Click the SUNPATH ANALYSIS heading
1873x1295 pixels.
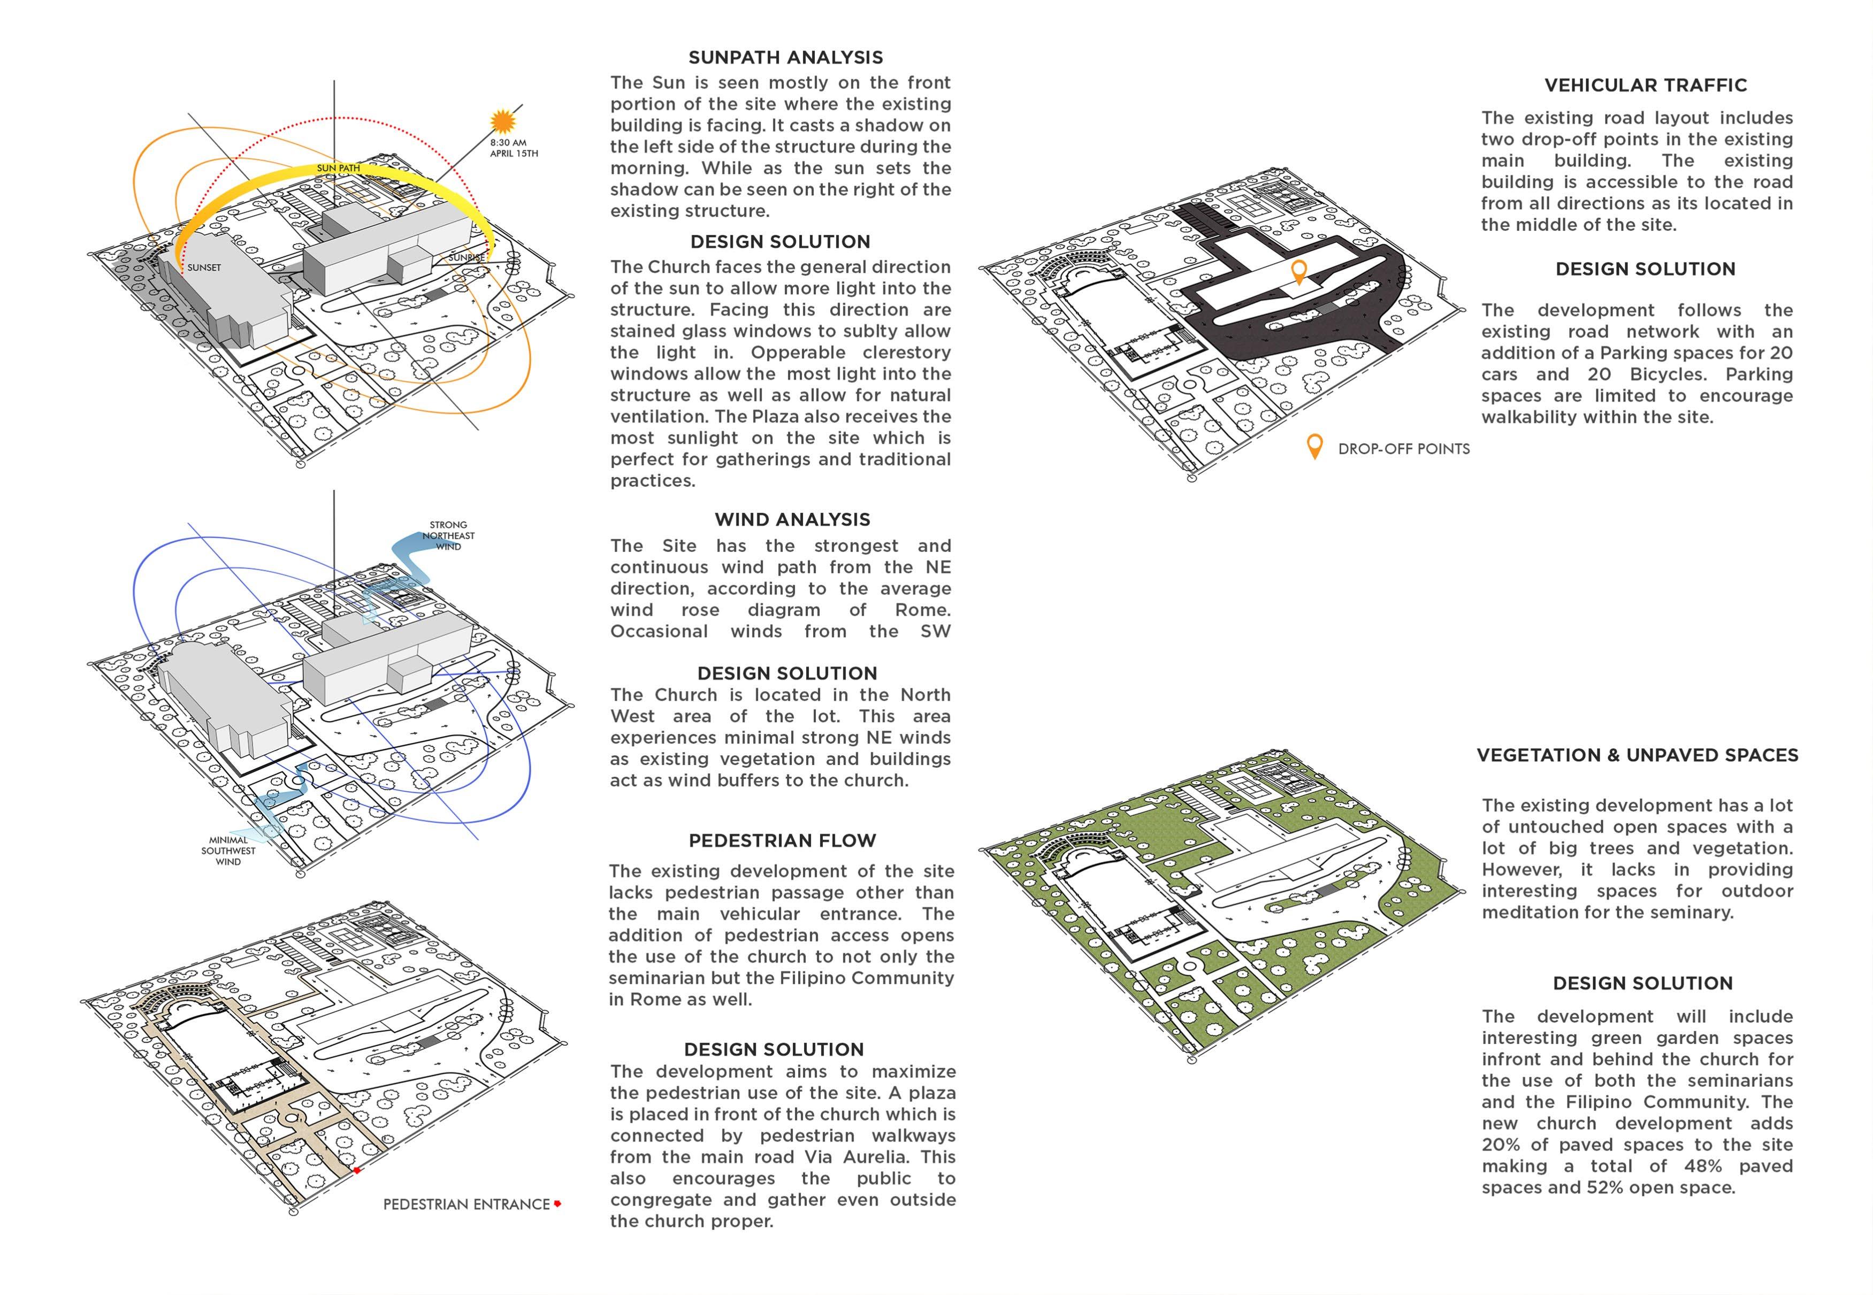pyautogui.click(x=785, y=58)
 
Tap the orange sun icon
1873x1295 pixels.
pyautogui.click(x=503, y=122)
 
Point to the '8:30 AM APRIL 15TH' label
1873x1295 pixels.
pyautogui.click(x=513, y=148)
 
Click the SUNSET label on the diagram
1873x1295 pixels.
pyautogui.click(x=204, y=268)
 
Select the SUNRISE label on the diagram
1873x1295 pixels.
pyautogui.click(x=467, y=258)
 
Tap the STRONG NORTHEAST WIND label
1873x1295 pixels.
pyautogui.click(x=448, y=535)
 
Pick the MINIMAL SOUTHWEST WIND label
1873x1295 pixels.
pyautogui.click(x=228, y=851)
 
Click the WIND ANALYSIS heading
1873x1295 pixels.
pyautogui.click(x=792, y=520)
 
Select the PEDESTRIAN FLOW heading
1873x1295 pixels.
pyautogui.click(x=782, y=841)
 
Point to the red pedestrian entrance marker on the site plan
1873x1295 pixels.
pyautogui.click(x=356, y=1170)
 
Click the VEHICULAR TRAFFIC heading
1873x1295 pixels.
pyautogui.click(x=1645, y=85)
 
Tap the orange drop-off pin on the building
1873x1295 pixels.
pyautogui.click(x=1298, y=271)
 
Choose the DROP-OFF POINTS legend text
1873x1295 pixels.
pyautogui.click(x=1403, y=449)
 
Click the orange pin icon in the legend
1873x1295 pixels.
pyautogui.click(x=1314, y=446)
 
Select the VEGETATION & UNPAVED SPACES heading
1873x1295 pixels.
pyautogui.click(x=1637, y=755)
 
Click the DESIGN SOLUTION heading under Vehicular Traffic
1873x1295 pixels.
pyautogui.click(x=1645, y=270)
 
